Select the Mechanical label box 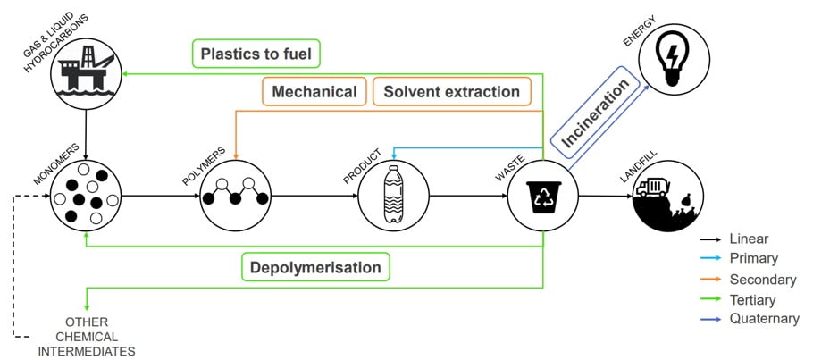click(314, 92)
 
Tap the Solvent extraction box click(451, 92)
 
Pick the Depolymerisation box click(315, 267)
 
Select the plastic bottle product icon click(393, 196)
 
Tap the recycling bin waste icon click(543, 196)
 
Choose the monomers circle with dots click(86, 196)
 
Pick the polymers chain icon click(236, 196)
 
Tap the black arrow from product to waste click(466, 196)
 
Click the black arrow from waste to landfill click(604, 196)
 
